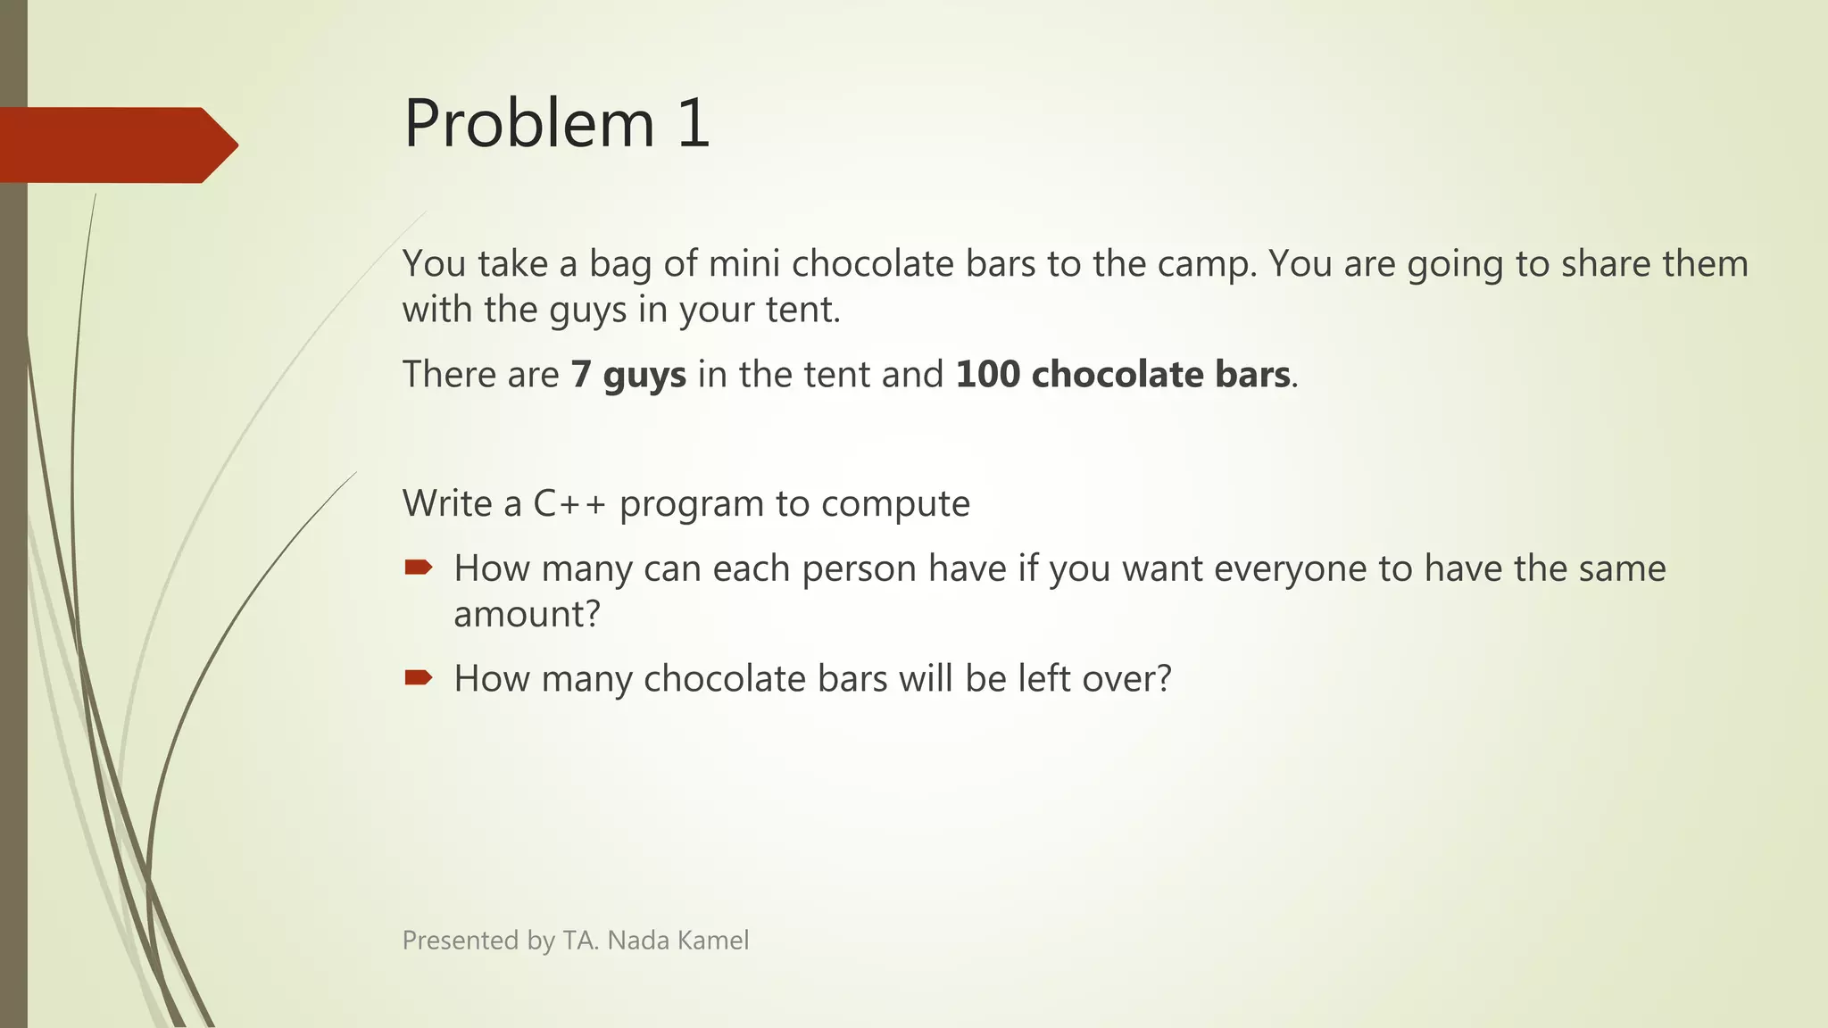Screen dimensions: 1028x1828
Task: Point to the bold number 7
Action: click(581, 375)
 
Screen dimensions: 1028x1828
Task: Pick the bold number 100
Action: click(987, 375)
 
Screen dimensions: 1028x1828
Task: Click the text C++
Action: click(569, 504)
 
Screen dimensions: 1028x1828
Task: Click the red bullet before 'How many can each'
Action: click(418, 568)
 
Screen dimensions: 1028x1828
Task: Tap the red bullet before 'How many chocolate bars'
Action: click(418, 678)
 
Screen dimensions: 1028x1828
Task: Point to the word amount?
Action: click(527, 615)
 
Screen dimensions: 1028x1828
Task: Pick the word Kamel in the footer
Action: click(713, 941)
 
